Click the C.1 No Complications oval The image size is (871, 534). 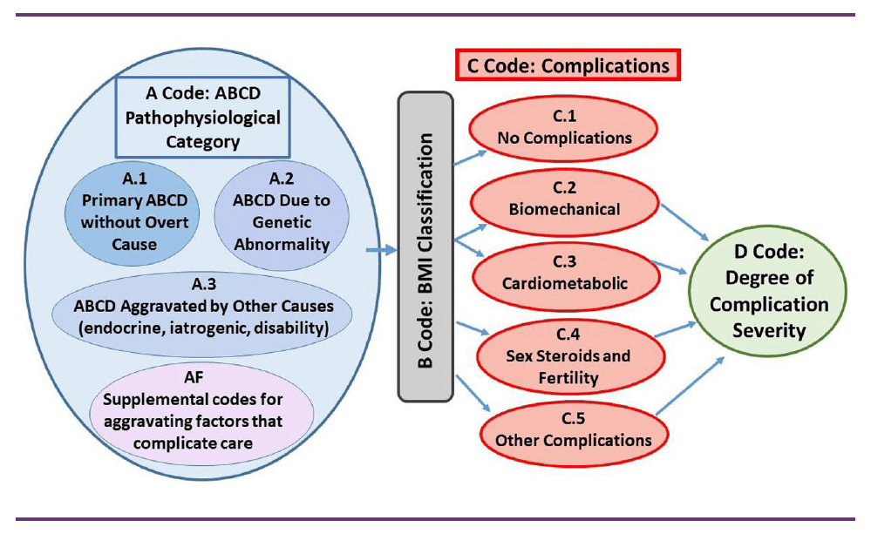(564, 128)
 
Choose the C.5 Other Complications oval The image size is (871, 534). (573, 430)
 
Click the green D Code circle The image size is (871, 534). (768, 293)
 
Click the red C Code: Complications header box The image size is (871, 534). (567, 65)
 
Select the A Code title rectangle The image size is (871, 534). (202, 116)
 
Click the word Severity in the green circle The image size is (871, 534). (768, 330)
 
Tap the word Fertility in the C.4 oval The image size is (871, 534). (568, 377)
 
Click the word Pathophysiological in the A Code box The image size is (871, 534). (202, 117)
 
